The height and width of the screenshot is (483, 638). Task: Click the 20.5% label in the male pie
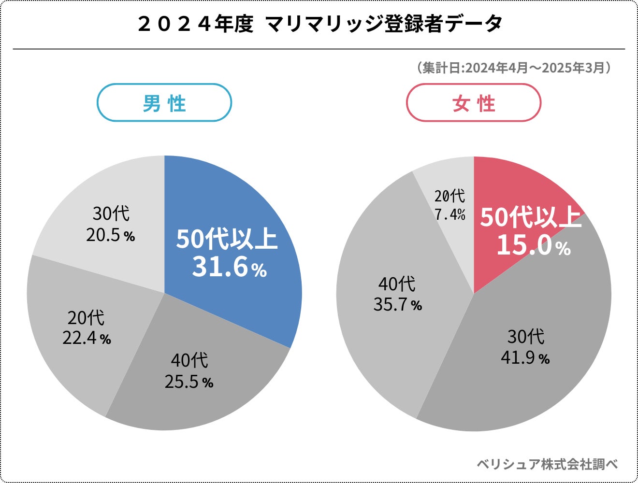pyautogui.click(x=110, y=235)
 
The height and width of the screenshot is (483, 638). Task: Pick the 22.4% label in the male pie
pyautogui.click(x=87, y=338)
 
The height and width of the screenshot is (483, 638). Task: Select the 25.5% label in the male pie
pyautogui.click(x=188, y=382)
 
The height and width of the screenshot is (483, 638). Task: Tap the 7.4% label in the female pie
pyautogui.click(x=449, y=214)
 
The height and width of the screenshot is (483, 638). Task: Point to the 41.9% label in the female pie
pyautogui.click(x=525, y=358)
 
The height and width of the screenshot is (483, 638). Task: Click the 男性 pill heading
pyautogui.click(x=164, y=103)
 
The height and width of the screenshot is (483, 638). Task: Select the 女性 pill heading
pyautogui.click(x=474, y=103)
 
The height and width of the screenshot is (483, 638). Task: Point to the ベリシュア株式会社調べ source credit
pyautogui.click(x=547, y=464)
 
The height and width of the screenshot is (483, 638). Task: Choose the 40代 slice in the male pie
pyautogui.click(x=203, y=401)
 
